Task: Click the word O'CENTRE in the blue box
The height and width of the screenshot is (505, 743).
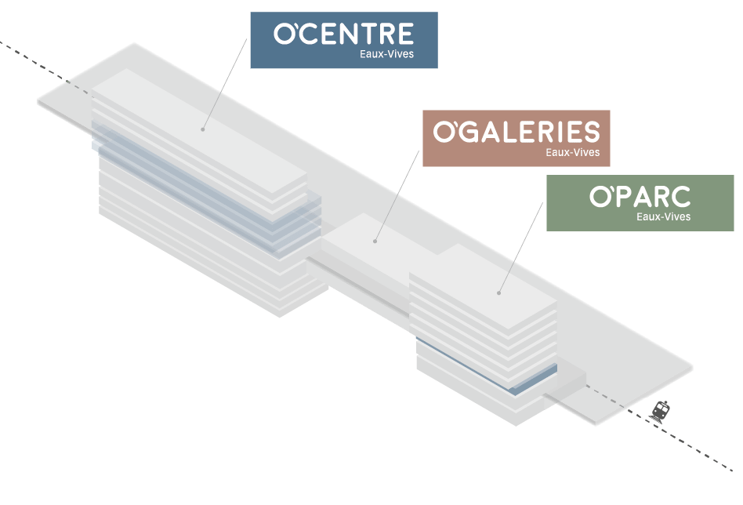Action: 343,34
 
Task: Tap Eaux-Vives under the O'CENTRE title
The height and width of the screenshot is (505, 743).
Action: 387,55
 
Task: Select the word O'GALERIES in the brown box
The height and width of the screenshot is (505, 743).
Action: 516,132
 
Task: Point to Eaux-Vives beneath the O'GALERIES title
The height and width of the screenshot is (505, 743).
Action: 572,152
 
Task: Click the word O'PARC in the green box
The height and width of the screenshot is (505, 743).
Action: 640,197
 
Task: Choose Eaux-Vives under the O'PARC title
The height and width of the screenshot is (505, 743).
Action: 663,216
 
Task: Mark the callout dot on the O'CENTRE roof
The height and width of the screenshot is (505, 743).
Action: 202,129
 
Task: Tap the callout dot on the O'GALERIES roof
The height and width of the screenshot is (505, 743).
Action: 375,241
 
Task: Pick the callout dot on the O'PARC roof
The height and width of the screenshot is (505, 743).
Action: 498,293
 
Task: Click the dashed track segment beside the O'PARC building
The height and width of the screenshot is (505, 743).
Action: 607,396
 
